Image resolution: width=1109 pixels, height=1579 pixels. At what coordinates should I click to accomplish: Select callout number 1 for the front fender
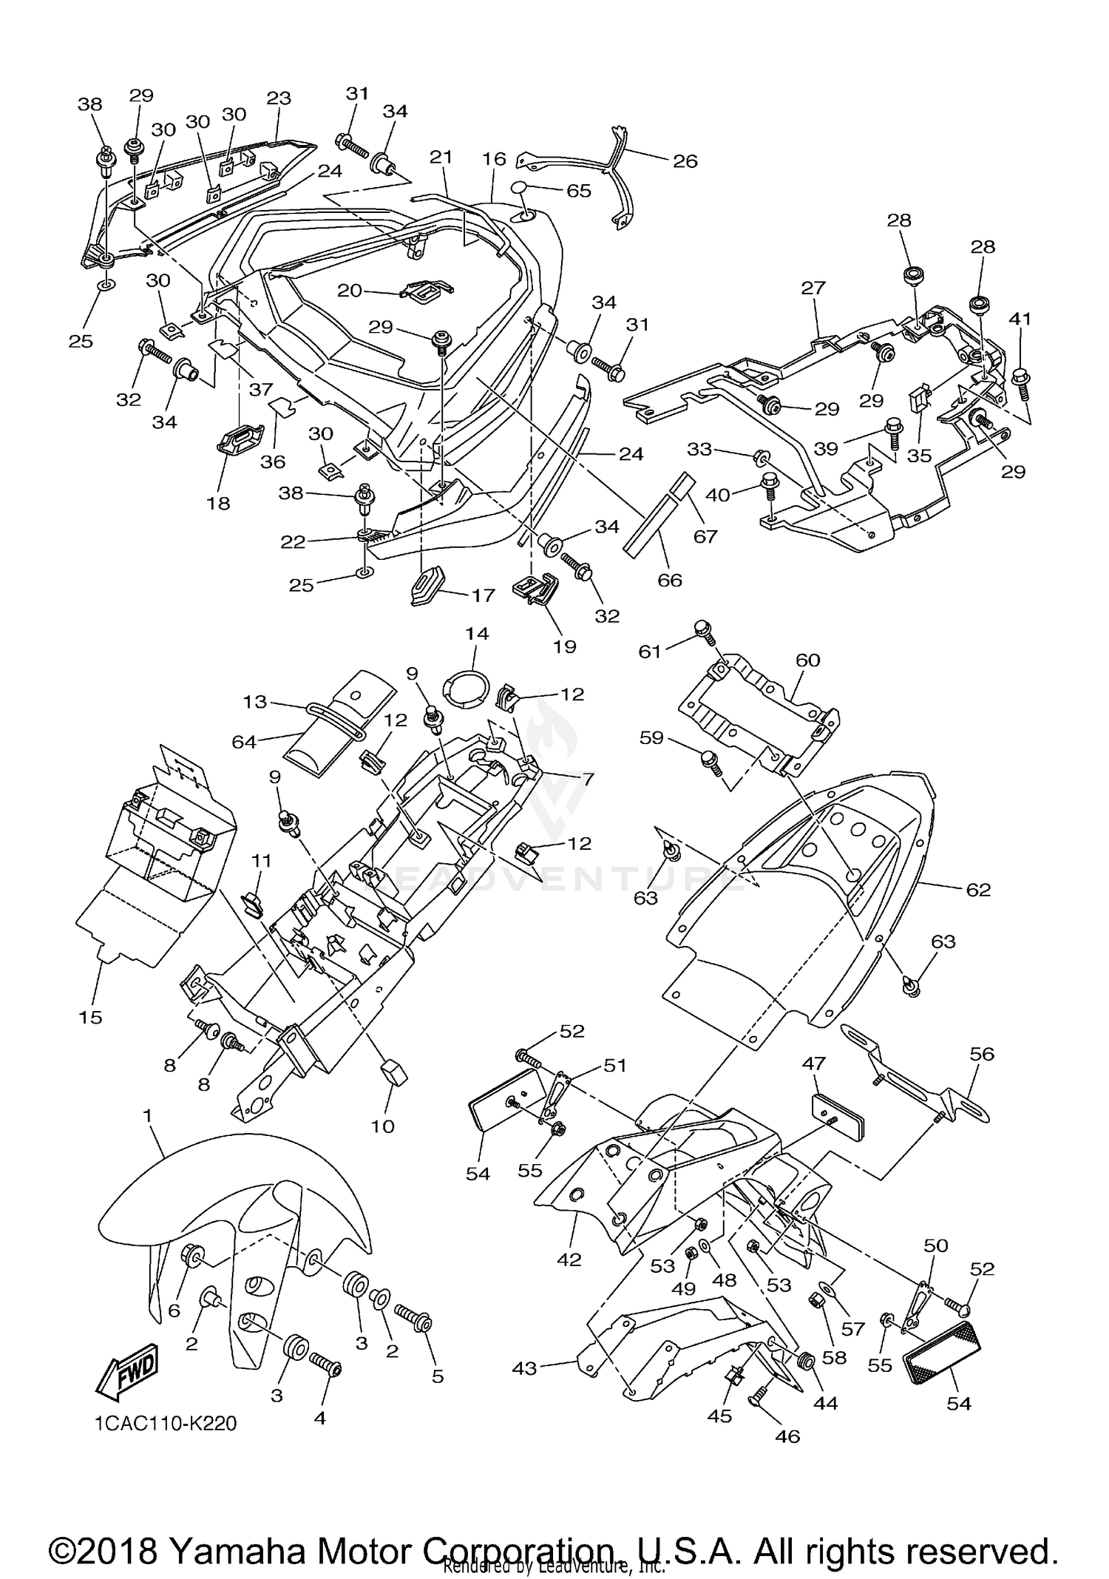pyautogui.click(x=148, y=1114)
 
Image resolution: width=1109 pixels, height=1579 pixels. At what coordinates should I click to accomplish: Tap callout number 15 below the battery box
pyautogui.click(x=90, y=1018)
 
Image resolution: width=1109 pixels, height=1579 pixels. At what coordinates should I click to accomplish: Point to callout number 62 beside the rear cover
pyautogui.click(x=978, y=890)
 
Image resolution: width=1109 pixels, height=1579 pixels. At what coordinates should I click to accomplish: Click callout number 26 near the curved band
pyautogui.click(x=685, y=161)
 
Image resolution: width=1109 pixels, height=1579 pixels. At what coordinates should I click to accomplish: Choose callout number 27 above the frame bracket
pyautogui.click(x=813, y=288)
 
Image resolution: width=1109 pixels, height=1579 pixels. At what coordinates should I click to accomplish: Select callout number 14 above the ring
pyautogui.click(x=477, y=634)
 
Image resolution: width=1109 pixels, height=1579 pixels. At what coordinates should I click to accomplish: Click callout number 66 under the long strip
pyautogui.click(x=670, y=580)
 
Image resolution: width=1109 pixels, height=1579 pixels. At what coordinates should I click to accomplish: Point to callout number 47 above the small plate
pyautogui.click(x=813, y=1064)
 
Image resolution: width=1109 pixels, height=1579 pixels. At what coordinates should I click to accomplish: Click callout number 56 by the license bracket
pyautogui.click(x=982, y=1053)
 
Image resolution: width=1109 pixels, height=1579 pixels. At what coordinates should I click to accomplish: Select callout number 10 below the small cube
pyautogui.click(x=383, y=1126)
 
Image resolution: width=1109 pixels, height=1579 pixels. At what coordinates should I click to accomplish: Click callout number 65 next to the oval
pyautogui.click(x=578, y=191)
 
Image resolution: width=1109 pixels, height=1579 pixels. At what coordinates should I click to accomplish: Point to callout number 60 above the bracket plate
pyautogui.click(x=808, y=660)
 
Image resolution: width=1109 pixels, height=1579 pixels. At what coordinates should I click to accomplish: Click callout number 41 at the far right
pyautogui.click(x=1020, y=319)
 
